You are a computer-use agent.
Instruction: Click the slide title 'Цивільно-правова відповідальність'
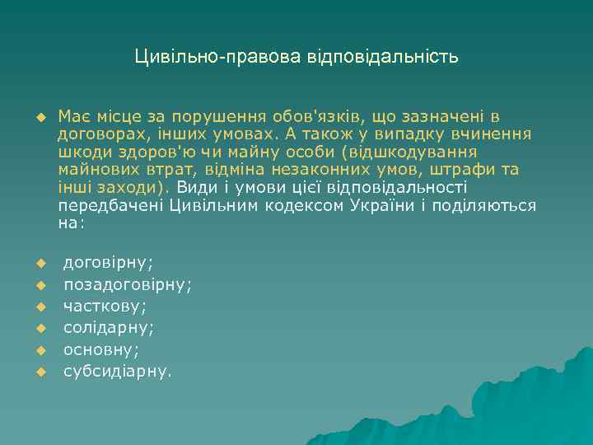point(296,58)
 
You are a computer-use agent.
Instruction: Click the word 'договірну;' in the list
point(109,263)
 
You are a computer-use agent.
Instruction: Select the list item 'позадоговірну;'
point(128,284)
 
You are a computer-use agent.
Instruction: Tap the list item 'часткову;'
point(105,306)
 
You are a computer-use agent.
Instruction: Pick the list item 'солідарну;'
point(110,327)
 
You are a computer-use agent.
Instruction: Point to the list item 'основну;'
point(101,349)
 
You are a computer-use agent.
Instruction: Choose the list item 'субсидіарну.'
point(119,370)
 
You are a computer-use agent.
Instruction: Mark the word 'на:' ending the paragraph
point(70,222)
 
